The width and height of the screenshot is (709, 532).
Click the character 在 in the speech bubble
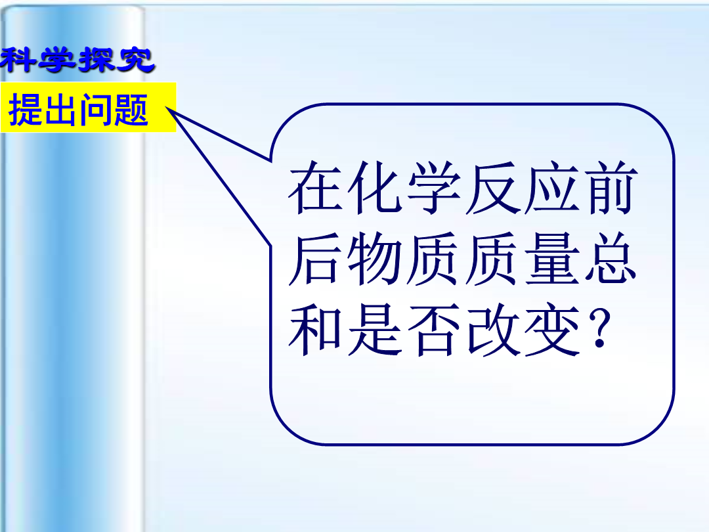[316, 187]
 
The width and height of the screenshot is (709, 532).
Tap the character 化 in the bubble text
[374, 187]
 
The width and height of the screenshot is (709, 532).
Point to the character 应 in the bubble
[551, 187]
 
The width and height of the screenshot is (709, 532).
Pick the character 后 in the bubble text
[316, 258]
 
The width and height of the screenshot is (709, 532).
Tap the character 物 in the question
[374, 258]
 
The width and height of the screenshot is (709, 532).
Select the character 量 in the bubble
[551, 258]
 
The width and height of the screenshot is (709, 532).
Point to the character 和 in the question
[316, 329]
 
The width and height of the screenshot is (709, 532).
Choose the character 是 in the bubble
[374, 329]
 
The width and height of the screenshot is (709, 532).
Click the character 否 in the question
[434, 329]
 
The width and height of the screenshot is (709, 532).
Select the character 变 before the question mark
[551, 329]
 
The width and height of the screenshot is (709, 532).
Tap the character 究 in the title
[136, 60]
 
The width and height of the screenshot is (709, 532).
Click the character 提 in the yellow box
[26, 109]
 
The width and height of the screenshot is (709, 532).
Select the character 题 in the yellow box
[131, 109]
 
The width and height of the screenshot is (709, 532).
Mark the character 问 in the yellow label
[96, 109]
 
